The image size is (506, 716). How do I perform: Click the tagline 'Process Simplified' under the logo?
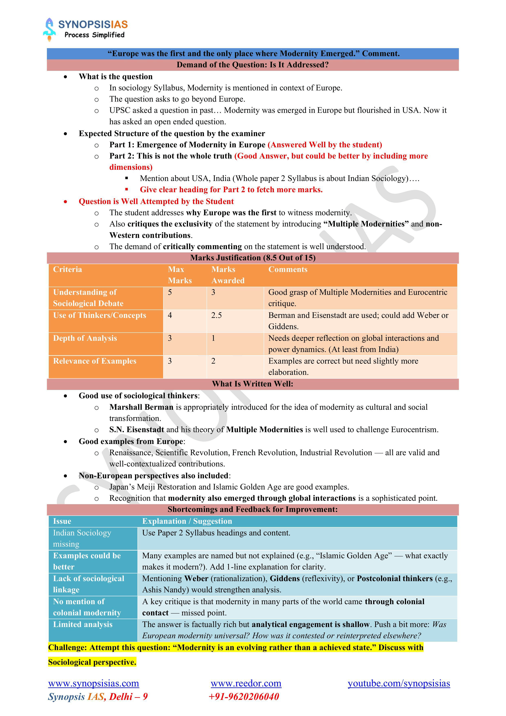coord(94,35)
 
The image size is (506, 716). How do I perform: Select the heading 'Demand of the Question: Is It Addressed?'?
coord(252,65)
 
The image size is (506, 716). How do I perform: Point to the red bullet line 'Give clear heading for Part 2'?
coord(231,190)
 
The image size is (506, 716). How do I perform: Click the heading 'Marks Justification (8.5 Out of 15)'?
coord(252,258)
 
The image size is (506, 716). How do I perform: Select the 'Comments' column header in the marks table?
coord(288,269)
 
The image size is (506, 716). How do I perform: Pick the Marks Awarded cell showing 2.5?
coord(217,315)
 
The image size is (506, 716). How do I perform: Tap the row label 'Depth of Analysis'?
coord(85,338)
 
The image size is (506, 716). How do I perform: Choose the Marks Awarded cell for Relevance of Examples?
coord(213,361)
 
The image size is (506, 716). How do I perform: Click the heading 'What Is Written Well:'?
coord(252,384)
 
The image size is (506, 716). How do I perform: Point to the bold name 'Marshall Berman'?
coord(141,407)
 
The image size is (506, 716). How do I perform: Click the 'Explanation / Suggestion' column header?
coord(187,521)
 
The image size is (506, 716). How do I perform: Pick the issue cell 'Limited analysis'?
coord(83,624)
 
